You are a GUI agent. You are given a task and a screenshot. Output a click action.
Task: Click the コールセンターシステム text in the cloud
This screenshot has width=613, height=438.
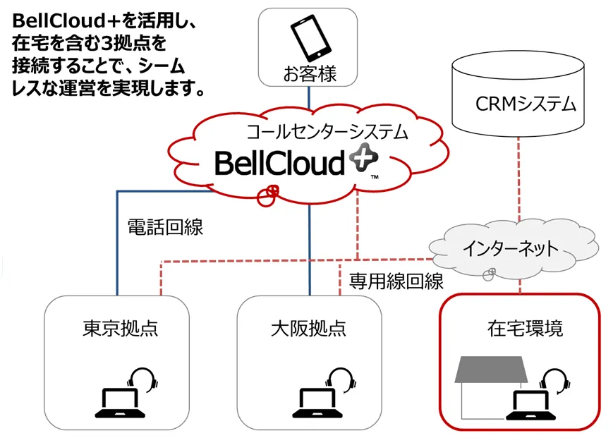pos(317,130)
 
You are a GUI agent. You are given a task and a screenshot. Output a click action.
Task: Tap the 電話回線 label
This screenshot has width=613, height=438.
pos(164,227)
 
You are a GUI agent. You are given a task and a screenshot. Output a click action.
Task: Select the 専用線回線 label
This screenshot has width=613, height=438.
pos(396,281)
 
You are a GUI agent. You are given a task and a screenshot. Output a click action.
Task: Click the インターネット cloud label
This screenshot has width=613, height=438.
pos(511,248)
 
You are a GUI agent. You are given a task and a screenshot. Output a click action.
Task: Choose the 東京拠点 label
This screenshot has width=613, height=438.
pos(120,329)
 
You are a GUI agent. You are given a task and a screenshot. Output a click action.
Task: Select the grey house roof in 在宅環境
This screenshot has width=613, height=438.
pos(492,370)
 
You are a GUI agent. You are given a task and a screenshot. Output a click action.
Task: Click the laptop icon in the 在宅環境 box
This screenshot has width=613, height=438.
pos(530,403)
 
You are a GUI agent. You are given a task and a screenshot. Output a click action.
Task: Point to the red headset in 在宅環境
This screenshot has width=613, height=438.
pos(558,382)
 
